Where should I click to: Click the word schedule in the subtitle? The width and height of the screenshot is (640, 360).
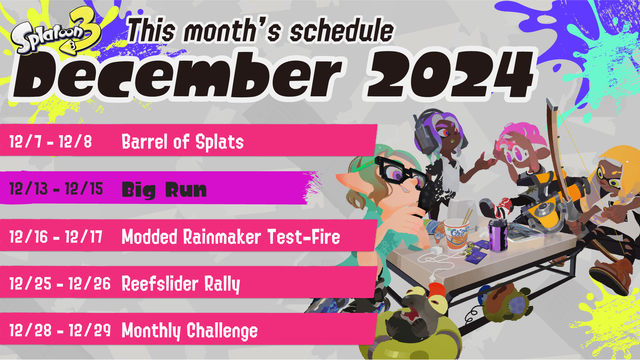pyautogui.click(x=342, y=31)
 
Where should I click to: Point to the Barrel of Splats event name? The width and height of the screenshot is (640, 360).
pyautogui.click(x=183, y=142)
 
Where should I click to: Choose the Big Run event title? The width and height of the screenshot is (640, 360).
pyautogui.click(x=164, y=190)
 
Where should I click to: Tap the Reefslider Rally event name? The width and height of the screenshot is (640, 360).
pyautogui.click(x=181, y=284)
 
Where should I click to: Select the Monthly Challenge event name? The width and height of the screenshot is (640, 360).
pyautogui.click(x=190, y=331)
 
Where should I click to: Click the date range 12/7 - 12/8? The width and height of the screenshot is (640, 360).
pyautogui.click(x=50, y=141)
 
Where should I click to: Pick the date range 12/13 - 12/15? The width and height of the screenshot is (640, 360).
pyautogui.click(x=56, y=189)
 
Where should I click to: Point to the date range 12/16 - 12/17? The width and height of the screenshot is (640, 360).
pyautogui.click(x=56, y=237)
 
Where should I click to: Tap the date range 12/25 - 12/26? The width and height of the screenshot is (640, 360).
pyautogui.click(x=60, y=284)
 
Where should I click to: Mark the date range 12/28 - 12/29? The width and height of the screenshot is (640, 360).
pyautogui.click(x=60, y=330)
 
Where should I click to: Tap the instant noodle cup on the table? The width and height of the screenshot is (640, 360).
pyautogui.click(x=456, y=234)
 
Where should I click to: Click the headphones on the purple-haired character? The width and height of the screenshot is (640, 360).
pyautogui.click(x=423, y=132)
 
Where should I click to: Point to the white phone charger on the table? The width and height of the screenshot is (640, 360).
pyautogui.click(x=436, y=250)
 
